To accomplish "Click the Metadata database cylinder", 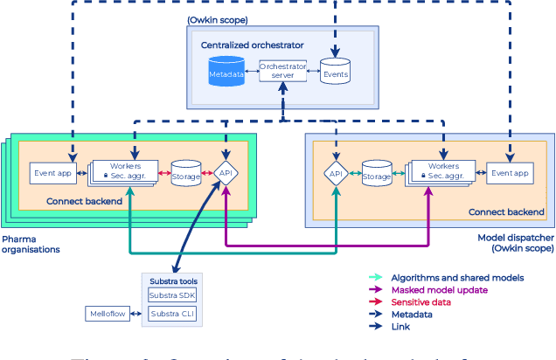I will tap(226, 73).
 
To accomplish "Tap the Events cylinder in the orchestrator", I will tap(335, 73).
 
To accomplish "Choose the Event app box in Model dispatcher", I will tap(510, 173).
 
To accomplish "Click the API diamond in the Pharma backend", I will tap(226, 173).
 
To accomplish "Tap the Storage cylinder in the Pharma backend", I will tap(185, 173).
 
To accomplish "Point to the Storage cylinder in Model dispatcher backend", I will tap(377, 175).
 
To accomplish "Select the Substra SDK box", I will tap(175, 295).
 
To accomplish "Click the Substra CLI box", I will tap(175, 313).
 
